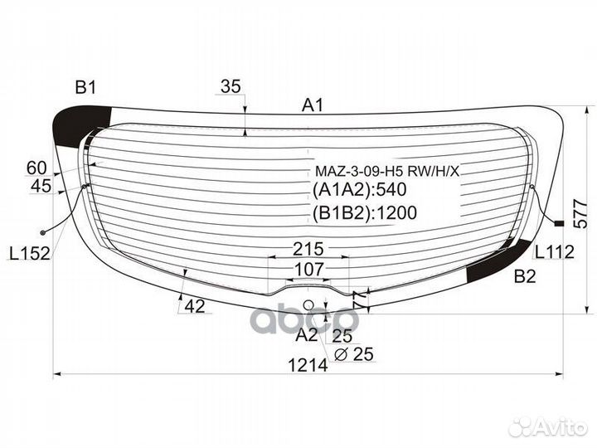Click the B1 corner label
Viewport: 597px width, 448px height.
(x=86, y=87)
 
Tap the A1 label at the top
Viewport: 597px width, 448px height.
(x=312, y=105)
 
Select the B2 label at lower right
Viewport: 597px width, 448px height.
(x=524, y=277)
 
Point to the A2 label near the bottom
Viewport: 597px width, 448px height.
(x=307, y=335)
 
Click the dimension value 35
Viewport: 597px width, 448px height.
(x=231, y=86)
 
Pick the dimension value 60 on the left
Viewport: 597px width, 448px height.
(x=36, y=168)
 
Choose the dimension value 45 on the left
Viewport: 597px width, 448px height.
(x=41, y=187)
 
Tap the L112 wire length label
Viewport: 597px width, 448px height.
(x=554, y=252)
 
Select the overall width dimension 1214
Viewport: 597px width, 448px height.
(x=308, y=364)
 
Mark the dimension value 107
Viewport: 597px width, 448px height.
(x=308, y=270)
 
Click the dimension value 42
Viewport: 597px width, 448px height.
(x=194, y=306)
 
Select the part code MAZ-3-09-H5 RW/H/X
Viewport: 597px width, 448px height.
(x=386, y=172)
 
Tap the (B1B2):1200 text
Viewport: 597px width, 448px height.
(x=364, y=213)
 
